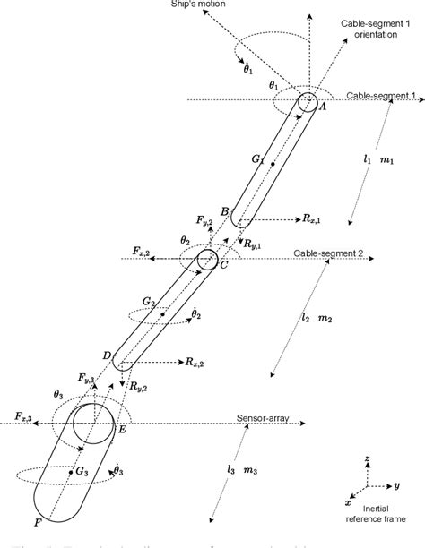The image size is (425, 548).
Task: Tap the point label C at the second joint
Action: pyautogui.click(x=222, y=266)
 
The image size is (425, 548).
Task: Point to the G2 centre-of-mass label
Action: pyautogui.click(x=149, y=304)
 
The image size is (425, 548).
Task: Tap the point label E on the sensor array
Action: pyautogui.click(x=122, y=431)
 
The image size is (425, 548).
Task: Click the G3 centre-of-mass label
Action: pyautogui.click(x=87, y=470)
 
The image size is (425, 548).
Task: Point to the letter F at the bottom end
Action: pyautogui.click(x=37, y=522)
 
